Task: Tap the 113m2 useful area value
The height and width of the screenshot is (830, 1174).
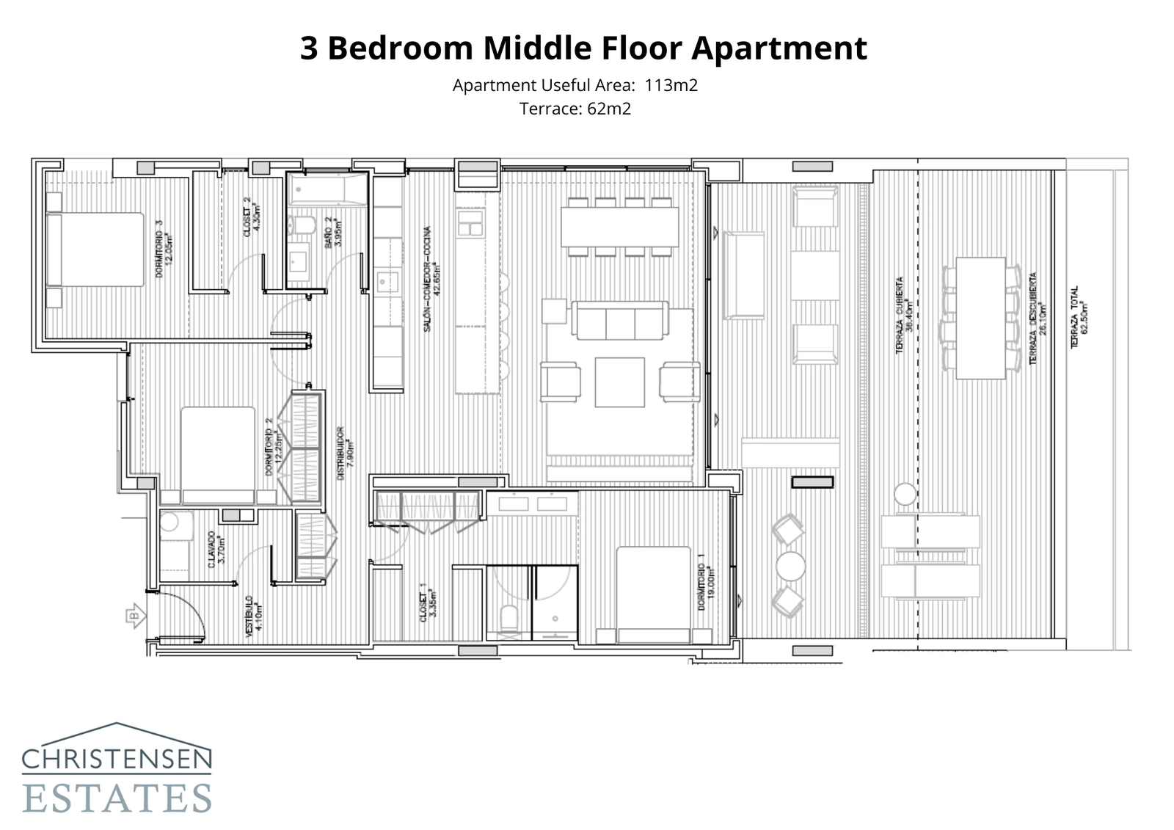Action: pyautogui.click(x=671, y=85)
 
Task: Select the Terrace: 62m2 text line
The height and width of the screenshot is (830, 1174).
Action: pyautogui.click(x=575, y=109)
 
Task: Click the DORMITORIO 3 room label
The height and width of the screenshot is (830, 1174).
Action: pyautogui.click(x=163, y=250)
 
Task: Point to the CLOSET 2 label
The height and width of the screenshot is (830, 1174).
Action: pyautogui.click(x=251, y=216)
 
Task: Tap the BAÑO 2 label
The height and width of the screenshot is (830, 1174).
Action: pyautogui.click(x=333, y=232)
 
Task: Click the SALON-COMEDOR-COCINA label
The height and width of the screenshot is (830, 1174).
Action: pyautogui.click(x=431, y=279)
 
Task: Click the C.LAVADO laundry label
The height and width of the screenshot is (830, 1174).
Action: pyautogui.click(x=216, y=549)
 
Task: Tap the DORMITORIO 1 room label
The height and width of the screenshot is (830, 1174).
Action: pyautogui.click(x=706, y=587)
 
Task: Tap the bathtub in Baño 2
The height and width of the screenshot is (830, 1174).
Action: pyautogui.click(x=327, y=190)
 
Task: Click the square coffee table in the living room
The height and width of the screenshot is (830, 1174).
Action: pyautogui.click(x=619, y=382)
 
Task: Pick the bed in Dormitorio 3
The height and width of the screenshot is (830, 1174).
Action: pyautogui.click(x=95, y=250)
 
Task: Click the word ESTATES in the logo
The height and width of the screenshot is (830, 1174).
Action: pyautogui.click(x=117, y=798)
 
